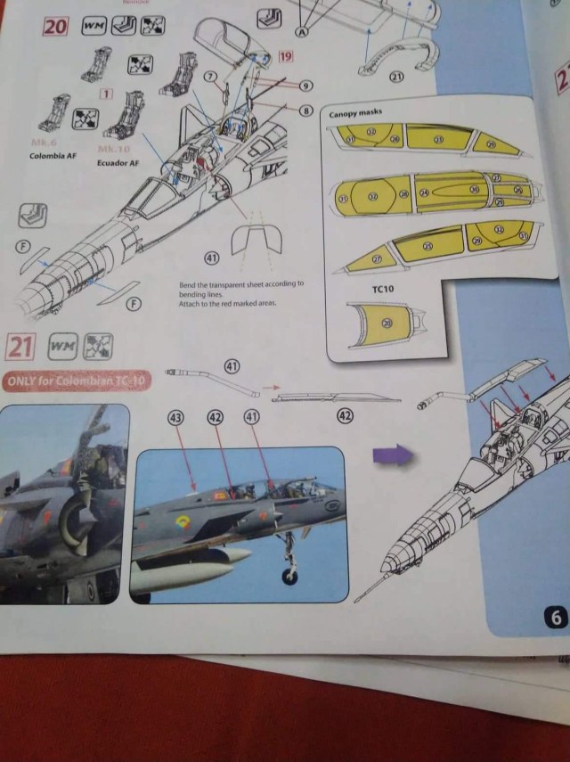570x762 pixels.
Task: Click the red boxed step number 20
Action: (x=55, y=26)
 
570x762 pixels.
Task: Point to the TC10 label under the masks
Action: (x=383, y=290)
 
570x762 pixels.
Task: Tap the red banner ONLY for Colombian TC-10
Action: (x=76, y=381)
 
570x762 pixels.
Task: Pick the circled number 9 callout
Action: (x=305, y=86)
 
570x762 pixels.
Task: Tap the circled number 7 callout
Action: (x=210, y=78)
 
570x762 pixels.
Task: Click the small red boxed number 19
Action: (x=286, y=57)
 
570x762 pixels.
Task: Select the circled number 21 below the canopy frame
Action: (x=396, y=77)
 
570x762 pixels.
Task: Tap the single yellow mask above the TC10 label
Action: (x=384, y=324)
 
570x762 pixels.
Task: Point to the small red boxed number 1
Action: (x=105, y=94)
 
